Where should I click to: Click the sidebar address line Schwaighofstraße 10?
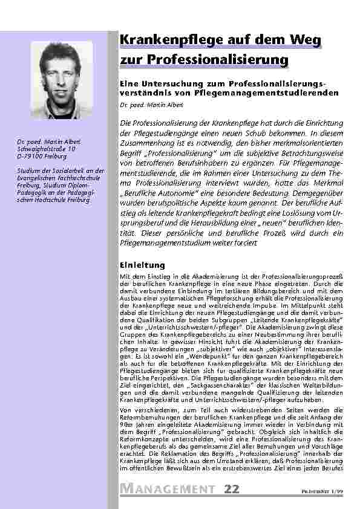pos(47,148)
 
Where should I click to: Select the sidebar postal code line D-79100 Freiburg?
pos(41,155)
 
